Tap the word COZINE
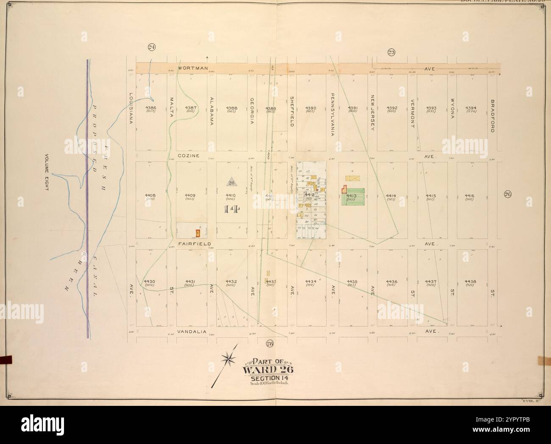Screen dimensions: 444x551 [x=189, y=156]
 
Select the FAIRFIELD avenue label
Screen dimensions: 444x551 [x=192, y=244]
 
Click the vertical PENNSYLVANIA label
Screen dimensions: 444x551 [x=333, y=114]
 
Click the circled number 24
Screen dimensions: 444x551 [x=151, y=47]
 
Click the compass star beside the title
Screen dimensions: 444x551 [x=228, y=359]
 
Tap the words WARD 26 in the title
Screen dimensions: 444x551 [x=267, y=369]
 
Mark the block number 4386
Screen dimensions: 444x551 [x=150, y=108]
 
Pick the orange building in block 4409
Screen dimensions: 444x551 [x=197, y=233]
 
